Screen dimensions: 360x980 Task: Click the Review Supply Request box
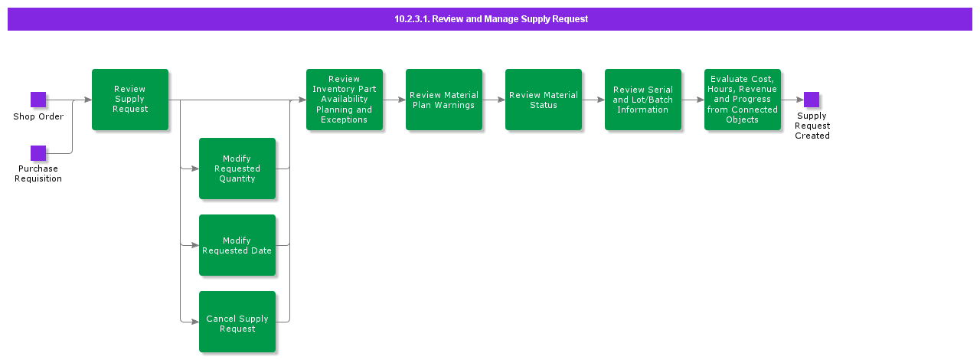point(130,100)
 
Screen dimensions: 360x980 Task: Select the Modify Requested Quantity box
point(237,169)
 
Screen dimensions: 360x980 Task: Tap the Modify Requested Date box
point(237,245)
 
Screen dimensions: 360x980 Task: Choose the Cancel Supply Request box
point(237,322)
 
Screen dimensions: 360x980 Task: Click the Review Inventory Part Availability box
point(345,100)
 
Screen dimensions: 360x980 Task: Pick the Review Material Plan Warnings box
point(444,100)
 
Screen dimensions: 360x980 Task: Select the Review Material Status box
point(544,100)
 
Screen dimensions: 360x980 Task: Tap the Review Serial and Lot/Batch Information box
point(643,100)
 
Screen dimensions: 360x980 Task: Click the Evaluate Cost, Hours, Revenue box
point(743,100)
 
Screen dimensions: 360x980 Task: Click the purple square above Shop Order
point(38,100)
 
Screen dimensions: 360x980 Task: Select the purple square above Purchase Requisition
point(38,153)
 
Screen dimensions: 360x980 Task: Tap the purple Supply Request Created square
point(812,100)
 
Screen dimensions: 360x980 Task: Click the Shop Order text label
point(38,117)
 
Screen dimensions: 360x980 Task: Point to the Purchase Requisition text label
point(38,174)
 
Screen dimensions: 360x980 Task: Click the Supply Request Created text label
point(812,126)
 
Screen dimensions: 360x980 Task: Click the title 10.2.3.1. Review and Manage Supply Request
point(491,19)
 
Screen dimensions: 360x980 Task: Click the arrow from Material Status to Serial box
point(593,100)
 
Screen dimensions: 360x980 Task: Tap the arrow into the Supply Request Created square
point(793,100)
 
